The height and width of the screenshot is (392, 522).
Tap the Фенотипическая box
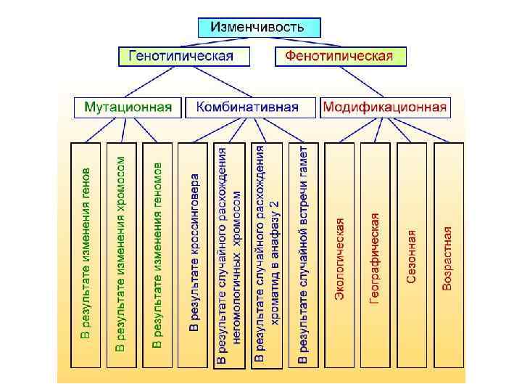[x=341, y=56]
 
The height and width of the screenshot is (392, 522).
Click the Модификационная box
[x=385, y=107]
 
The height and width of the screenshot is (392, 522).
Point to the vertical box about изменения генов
[x=86, y=254]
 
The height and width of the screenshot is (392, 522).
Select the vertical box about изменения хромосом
[x=122, y=254]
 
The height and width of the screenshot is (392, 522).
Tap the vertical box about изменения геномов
[x=158, y=254]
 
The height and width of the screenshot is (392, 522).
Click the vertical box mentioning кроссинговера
[x=194, y=254]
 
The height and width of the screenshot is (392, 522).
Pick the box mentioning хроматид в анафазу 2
[x=268, y=254]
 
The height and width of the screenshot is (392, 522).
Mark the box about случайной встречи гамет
[x=304, y=254]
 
